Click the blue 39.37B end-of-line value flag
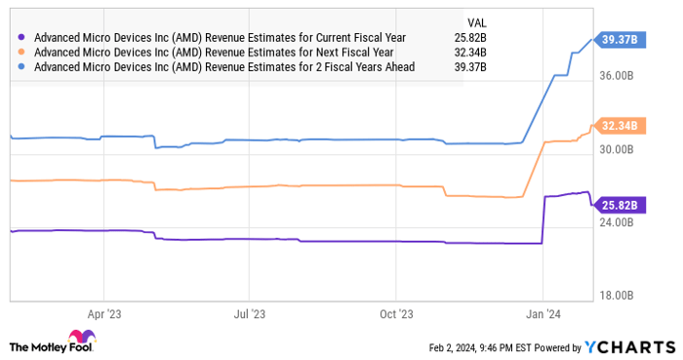pos(620,39)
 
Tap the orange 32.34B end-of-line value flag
pos(620,125)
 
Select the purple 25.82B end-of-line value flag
pos(620,205)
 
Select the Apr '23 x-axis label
pos(103,314)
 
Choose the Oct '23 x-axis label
pos(396,314)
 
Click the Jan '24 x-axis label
pos(543,314)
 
